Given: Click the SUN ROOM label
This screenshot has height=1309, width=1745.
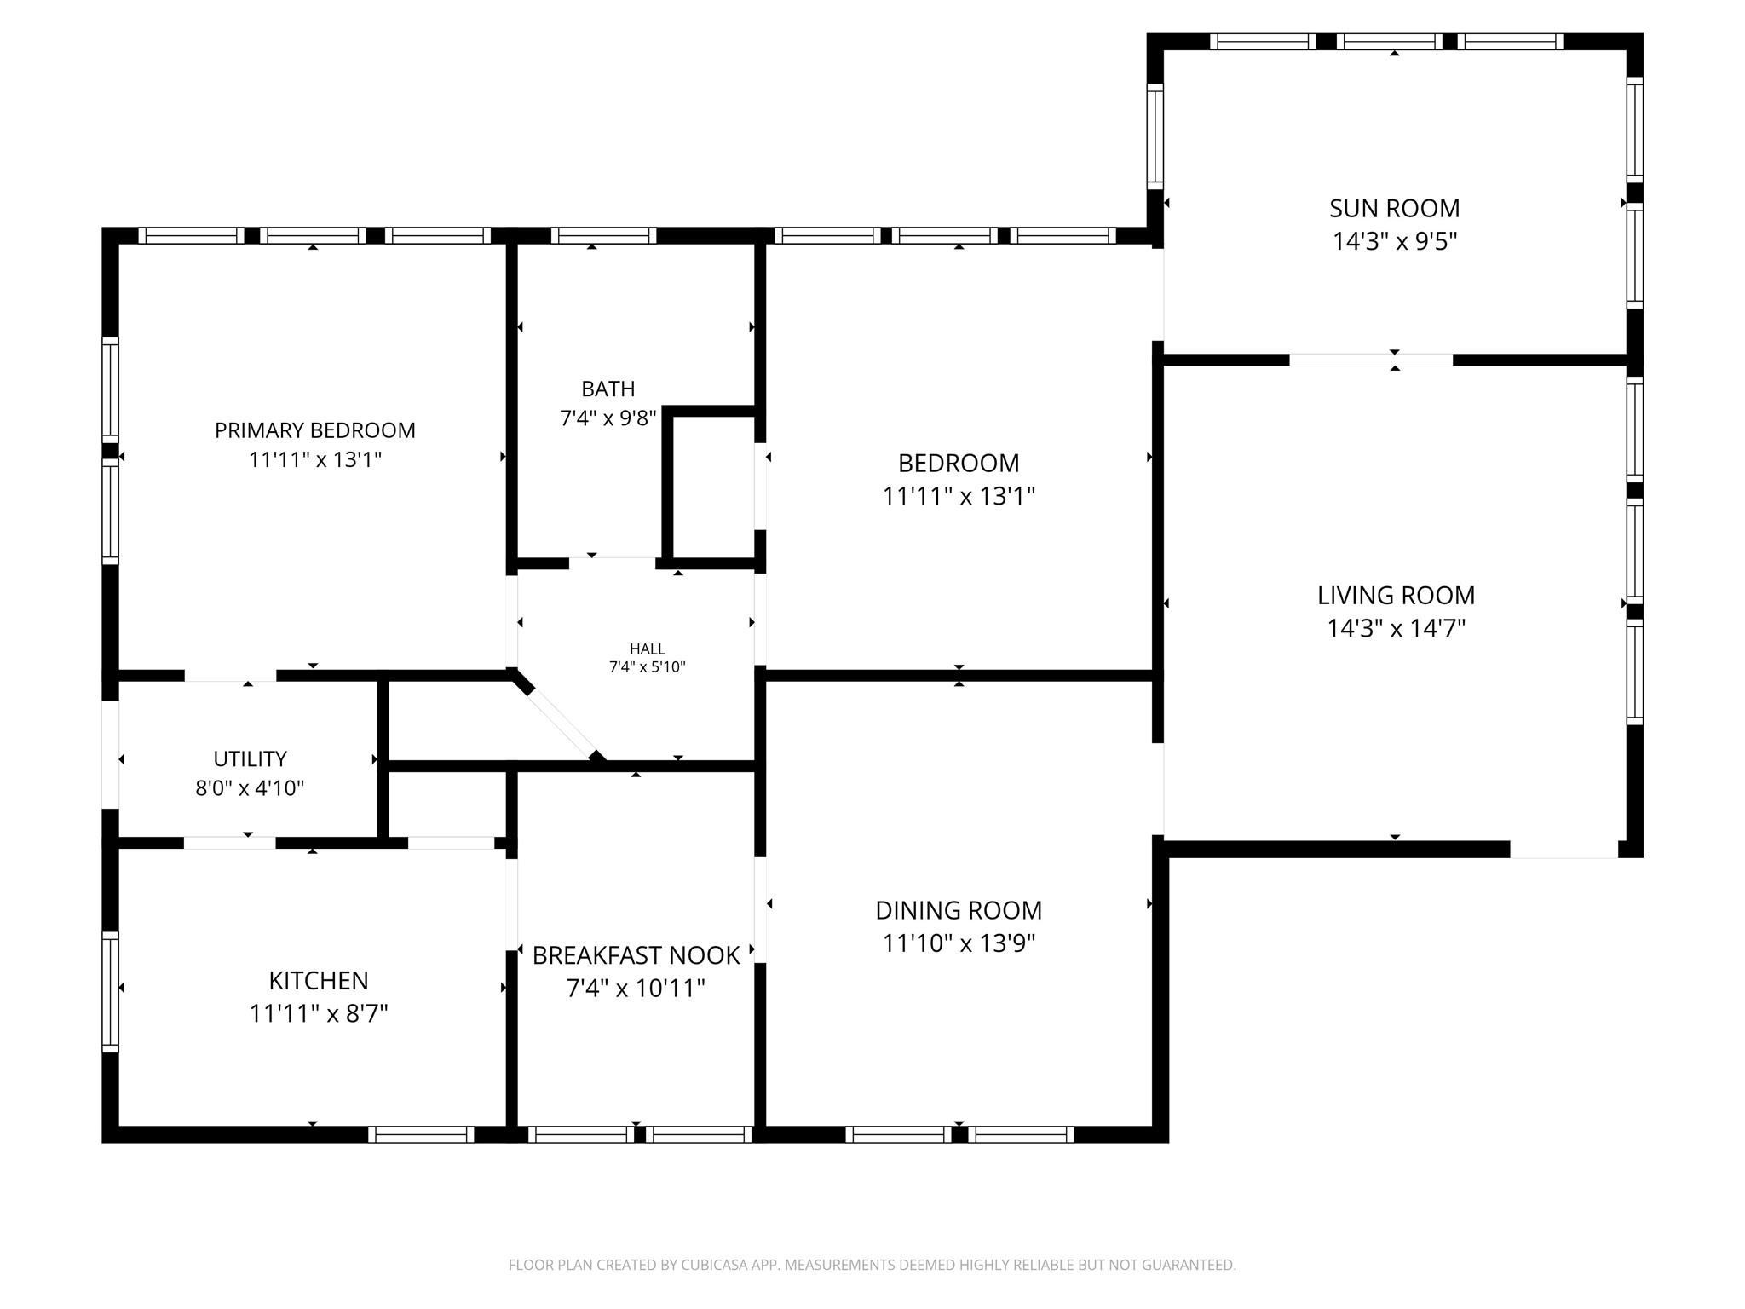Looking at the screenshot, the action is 1394,208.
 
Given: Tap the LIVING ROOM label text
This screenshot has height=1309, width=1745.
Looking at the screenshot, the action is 1396,595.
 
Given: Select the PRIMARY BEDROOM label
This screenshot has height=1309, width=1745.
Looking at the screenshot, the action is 314,430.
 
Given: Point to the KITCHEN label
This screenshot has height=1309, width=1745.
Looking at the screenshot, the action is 319,981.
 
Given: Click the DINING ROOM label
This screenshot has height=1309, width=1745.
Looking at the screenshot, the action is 959,910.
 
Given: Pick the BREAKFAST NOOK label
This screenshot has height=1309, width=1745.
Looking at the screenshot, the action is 636,955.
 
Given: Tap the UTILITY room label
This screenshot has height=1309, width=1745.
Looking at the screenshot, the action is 250,758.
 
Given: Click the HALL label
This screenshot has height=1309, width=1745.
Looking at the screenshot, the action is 648,649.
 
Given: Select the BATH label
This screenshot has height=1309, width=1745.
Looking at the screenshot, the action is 608,389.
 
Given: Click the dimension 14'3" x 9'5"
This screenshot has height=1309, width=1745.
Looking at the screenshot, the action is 1395,241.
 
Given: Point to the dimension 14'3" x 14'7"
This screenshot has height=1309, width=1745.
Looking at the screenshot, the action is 1396,628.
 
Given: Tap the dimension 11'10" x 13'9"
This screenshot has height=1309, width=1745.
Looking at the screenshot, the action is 959,943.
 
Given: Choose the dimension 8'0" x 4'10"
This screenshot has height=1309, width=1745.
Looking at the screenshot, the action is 250,788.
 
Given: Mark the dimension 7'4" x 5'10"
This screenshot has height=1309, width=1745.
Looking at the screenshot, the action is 648,667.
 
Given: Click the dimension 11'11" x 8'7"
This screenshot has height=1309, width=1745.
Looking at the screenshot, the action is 319,1013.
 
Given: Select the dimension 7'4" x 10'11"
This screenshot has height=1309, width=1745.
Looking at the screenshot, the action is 636,989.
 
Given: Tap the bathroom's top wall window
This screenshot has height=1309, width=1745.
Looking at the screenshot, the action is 603,235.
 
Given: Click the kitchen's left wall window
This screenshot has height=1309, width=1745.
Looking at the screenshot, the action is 110,991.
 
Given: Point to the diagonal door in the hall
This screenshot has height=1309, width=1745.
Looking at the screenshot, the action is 559,717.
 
